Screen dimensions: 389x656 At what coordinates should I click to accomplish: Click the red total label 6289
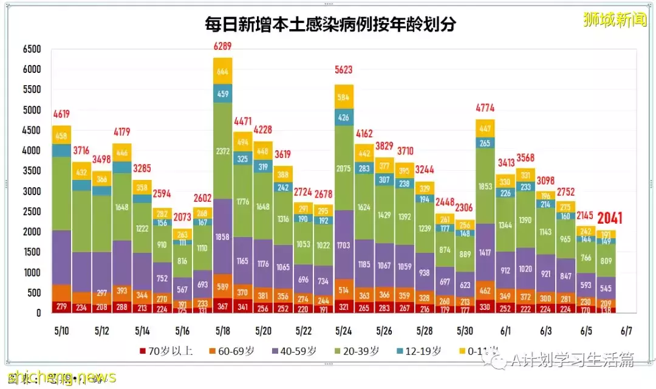point(222,46)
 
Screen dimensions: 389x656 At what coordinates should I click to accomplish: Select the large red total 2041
point(609,218)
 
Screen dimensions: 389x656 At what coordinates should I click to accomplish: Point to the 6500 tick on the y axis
point(31,49)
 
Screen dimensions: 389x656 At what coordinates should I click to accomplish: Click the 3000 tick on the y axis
point(31,191)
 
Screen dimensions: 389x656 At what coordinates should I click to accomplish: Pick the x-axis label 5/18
point(222,331)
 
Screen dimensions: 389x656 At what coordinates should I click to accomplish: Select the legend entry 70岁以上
point(165,351)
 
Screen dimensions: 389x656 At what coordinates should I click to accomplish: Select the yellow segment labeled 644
point(222,71)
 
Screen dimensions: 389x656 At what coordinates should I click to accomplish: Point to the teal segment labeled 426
point(344,117)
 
